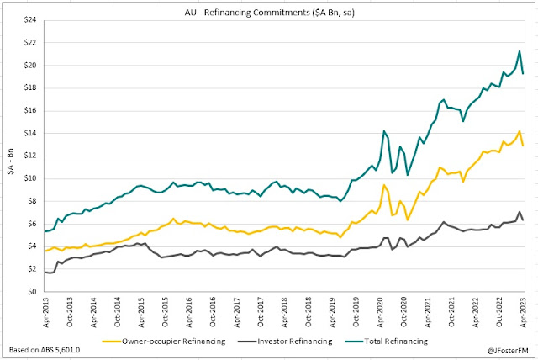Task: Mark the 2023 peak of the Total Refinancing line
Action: click(x=520, y=51)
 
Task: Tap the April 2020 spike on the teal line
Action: click(x=383, y=131)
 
